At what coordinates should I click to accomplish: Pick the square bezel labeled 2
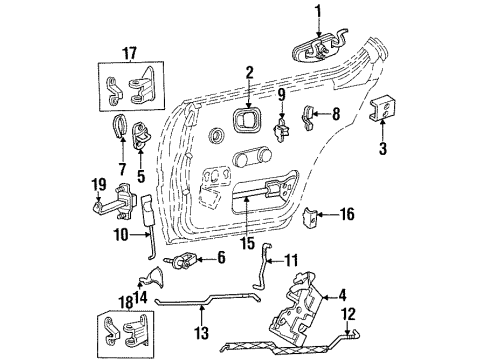pyautogui.click(x=244, y=122)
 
